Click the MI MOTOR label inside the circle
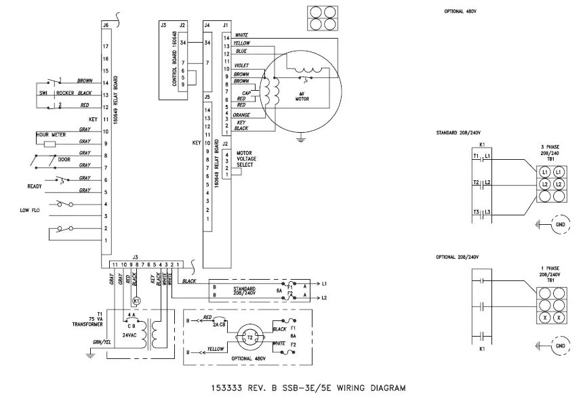click(302, 95)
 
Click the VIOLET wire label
click(242, 66)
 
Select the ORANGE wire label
click(242, 114)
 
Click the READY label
click(35, 186)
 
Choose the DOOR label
click(64, 160)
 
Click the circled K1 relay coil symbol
click(136, 300)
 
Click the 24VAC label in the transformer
click(132, 335)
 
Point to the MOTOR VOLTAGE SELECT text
click(245, 158)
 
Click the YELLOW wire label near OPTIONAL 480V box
click(216, 349)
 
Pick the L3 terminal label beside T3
click(487, 213)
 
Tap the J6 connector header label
click(105, 25)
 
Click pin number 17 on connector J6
click(106, 46)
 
